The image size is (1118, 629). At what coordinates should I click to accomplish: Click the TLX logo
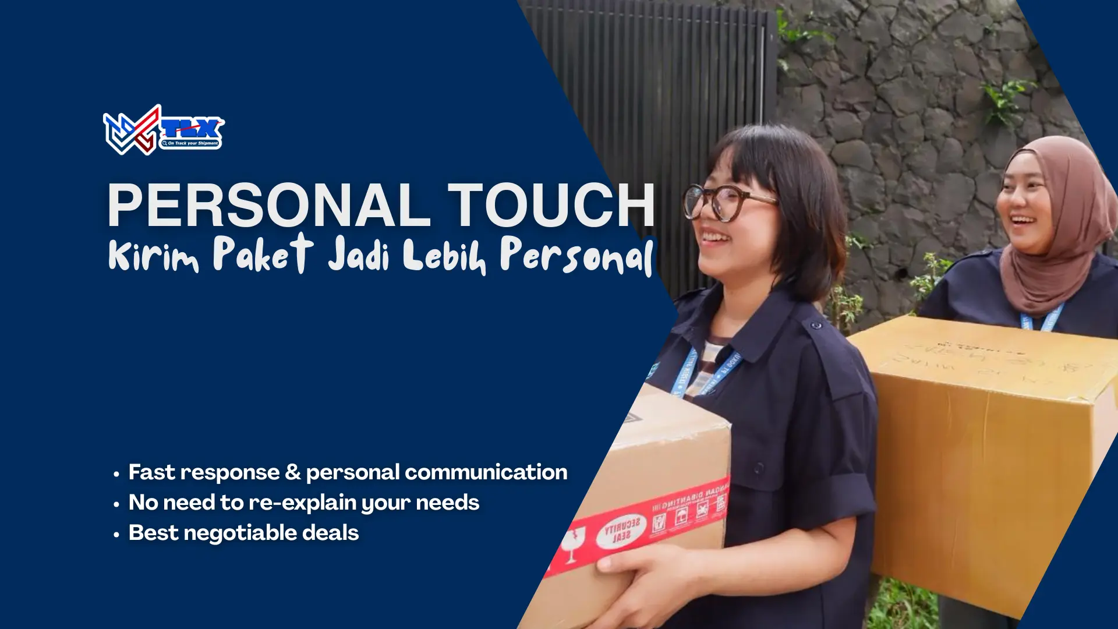tap(163, 130)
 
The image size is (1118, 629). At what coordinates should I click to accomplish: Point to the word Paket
tap(263, 254)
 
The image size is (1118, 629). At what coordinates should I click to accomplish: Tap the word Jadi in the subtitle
tap(358, 255)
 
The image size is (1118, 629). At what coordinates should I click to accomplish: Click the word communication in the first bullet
tap(486, 472)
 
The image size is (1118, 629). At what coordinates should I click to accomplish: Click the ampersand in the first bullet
tap(293, 472)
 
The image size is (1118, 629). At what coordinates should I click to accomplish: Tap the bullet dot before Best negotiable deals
tap(116, 534)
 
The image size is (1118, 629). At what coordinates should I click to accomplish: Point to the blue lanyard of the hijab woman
tap(1042, 319)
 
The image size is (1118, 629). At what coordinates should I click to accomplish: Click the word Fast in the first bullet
tap(151, 472)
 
